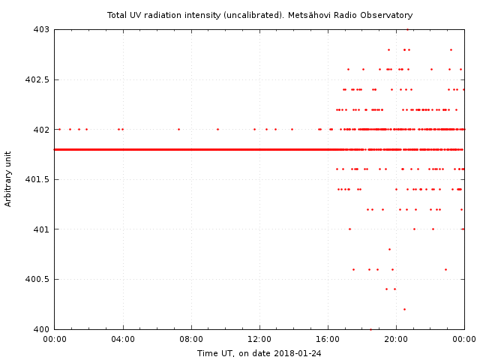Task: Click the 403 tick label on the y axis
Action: [40, 29]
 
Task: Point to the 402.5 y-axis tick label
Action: [36, 79]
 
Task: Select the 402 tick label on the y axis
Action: [40, 129]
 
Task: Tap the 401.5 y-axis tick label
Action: [36, 179]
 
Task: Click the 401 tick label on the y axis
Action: [40, 229]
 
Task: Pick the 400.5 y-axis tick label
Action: [36, 279]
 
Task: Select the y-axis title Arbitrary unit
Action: [9, 179]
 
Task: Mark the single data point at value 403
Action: [407, 29]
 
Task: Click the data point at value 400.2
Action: [404, 309]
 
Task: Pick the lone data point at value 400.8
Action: [389, 249]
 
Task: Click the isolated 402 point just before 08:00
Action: [178, 129]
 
